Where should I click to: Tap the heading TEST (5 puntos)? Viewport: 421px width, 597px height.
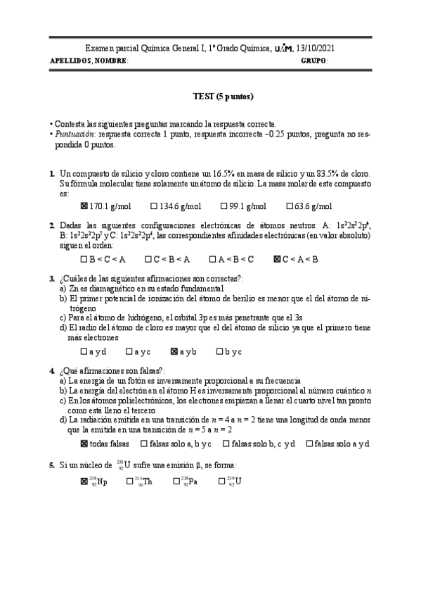click(223, 96)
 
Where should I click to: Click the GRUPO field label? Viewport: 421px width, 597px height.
click(313, 61)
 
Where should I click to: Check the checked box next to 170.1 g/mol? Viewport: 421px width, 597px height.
click(85, 206)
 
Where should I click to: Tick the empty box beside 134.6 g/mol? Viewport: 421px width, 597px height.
click(154, 206)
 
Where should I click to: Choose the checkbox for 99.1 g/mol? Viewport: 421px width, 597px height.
click(224, 206)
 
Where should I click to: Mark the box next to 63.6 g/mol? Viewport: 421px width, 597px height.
click(290, 206)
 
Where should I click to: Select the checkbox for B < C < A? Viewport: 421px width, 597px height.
click(84, 259)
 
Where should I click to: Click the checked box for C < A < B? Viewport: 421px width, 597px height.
click(276, 259)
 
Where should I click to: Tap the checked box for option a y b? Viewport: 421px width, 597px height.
click(174, 351)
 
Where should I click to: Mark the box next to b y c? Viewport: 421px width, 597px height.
click(220, 351)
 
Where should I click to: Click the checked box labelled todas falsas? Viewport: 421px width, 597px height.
click(85, 444)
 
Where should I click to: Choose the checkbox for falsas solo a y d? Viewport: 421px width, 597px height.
click(310, 444)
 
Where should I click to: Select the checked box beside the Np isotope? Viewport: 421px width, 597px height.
click(85, 482)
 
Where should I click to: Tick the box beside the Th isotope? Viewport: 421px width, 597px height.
click(129, 482)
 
